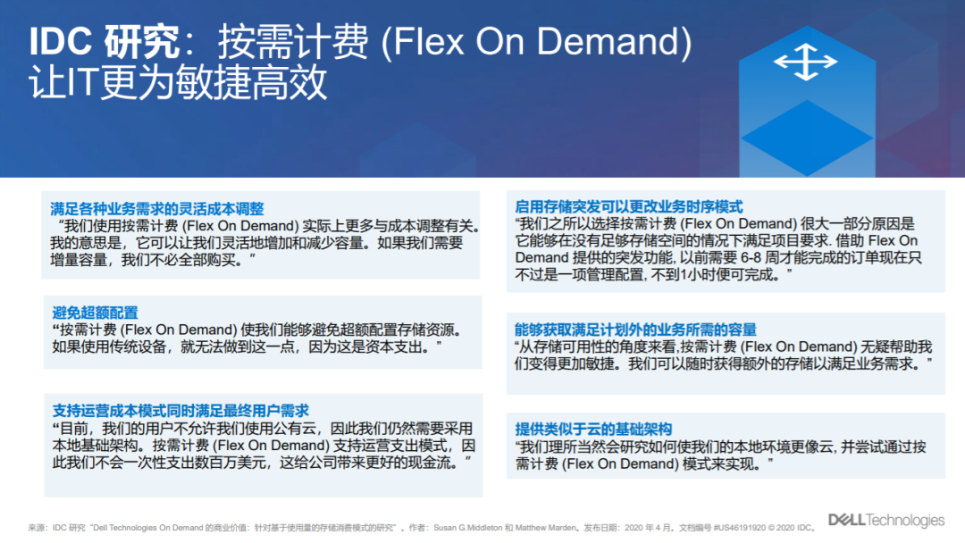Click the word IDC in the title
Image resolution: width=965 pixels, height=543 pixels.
(x=61, y=42)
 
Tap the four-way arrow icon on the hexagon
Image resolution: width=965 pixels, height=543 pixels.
(x=806, y=62)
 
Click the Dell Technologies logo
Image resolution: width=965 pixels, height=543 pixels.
(x=886, y=521)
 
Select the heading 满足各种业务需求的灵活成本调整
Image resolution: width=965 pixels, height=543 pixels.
(x=157, y=208)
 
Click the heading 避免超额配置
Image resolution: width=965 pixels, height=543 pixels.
(x=95, y=313)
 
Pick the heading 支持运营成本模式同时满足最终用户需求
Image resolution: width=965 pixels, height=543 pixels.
(x=180, y=410)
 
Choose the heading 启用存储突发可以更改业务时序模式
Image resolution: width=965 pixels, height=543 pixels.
(x=629, y=206)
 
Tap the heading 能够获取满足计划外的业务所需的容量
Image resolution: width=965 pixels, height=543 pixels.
(x=636, y=329)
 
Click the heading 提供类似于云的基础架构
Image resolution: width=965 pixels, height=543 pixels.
(x=593, y=429)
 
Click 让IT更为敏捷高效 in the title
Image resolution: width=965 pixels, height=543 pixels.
(x=178, y=82)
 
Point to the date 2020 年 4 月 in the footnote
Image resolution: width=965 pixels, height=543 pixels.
(x=647, y=528)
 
